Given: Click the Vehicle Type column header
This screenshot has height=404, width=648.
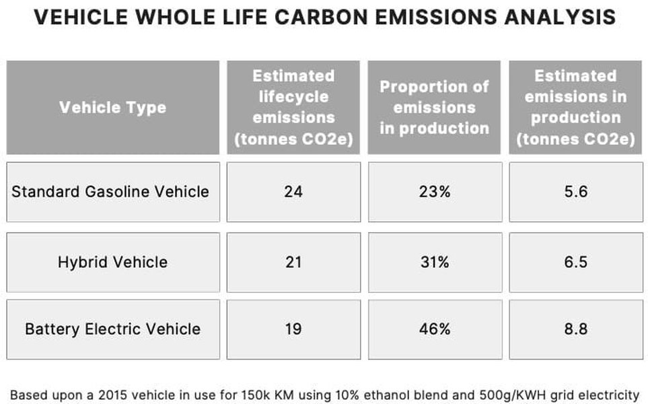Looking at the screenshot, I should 112,108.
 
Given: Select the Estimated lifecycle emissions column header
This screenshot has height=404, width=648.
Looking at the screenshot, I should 293,108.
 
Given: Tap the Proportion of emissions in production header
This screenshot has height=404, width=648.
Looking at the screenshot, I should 434,108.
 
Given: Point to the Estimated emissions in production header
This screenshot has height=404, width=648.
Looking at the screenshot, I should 575,108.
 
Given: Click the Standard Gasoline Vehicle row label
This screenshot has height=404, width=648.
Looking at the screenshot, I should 110,191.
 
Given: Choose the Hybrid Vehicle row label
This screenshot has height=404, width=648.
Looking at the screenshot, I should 112,262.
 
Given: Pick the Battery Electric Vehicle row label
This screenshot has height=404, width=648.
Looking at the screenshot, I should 112,329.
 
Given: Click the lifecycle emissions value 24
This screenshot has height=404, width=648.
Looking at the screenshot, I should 293,191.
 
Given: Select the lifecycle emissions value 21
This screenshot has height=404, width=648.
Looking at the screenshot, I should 293,262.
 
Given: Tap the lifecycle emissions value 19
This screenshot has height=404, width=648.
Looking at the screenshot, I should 293,329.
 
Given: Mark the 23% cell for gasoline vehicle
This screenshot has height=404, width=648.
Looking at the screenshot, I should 434,191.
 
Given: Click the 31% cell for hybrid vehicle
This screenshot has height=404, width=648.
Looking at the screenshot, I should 434,262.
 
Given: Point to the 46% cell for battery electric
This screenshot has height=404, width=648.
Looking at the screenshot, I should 434,329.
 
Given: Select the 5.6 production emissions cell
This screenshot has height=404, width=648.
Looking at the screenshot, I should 575,191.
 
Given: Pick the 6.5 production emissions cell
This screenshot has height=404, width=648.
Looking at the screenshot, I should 575,262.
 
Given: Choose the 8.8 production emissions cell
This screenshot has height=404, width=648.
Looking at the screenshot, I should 575,329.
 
